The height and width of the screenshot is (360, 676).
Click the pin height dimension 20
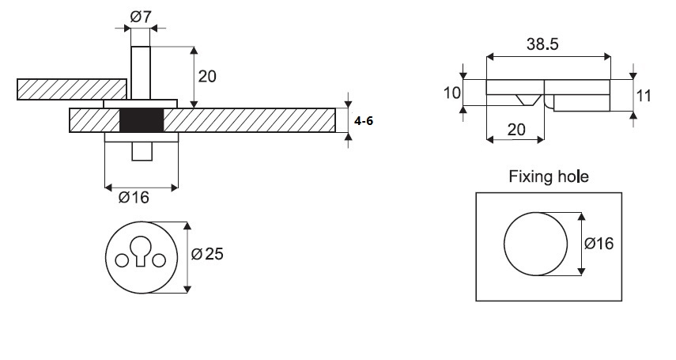point(208,77)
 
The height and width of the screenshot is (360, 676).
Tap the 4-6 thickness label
point(365,121)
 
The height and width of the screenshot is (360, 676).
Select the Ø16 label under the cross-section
point(134,198)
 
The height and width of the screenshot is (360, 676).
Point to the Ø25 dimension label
point(209,255)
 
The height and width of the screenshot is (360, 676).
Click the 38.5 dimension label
point(542,45)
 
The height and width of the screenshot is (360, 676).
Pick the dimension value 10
point(451,93)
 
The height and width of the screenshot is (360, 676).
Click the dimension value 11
point(644,96)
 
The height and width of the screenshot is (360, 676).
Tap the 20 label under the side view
point(515,130)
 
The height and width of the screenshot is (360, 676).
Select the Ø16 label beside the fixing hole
point(599,244)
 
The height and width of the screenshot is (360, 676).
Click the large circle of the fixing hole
point(535,244)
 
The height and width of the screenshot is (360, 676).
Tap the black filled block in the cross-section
point(142,120)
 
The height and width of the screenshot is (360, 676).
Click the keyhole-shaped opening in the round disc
point(142,248)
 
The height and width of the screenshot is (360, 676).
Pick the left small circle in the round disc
point(122,260)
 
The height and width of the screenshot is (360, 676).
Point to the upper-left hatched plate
point(71,89)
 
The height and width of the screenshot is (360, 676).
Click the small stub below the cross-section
point(142,151)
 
